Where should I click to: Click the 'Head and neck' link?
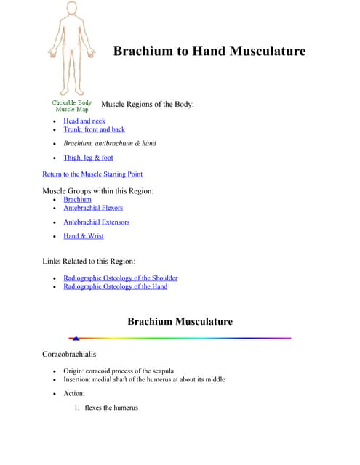point(84,121)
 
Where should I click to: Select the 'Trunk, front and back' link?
point(94,129)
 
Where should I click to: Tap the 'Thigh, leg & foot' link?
point(88,158)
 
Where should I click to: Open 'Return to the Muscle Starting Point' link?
point(92,174)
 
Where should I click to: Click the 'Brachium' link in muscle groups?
point(77,199)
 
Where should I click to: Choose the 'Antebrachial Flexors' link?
point(93,208)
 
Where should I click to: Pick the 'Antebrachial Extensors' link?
point(97,222)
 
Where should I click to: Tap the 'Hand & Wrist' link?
point(84,236)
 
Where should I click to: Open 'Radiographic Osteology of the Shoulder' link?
point(120,278)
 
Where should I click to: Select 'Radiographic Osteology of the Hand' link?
point(115,286)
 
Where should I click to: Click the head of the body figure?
point(71,9)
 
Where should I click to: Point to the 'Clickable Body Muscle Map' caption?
point(71,106)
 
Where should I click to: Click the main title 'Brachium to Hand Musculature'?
point(209,52)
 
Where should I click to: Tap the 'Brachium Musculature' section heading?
point(180,321)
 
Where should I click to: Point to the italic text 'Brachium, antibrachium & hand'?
point(109,143)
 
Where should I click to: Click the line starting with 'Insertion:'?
point(144,379)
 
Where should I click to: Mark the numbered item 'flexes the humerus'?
point(111,408)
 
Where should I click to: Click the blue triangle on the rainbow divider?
point(76,338)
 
